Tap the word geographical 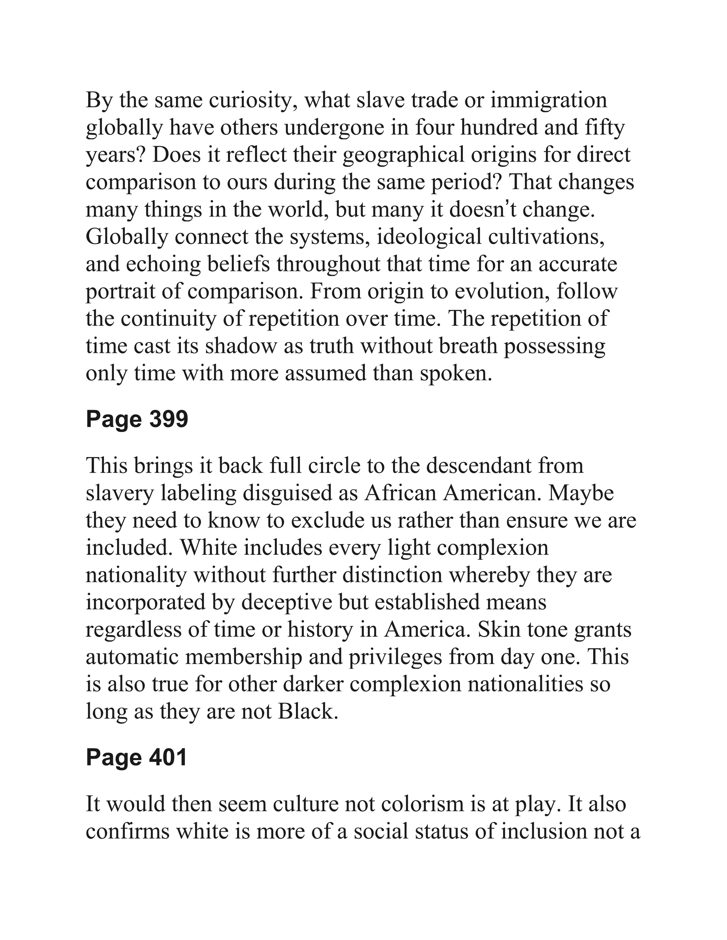(404, 155)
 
